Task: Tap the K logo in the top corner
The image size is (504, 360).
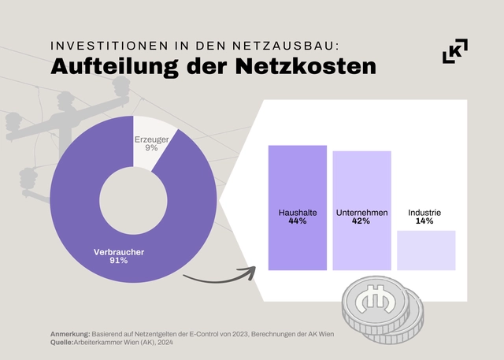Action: (x=455, y=51)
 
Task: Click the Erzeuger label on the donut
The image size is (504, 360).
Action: (x=151, y=139)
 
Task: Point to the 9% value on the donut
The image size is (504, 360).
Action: (x=151, y=149)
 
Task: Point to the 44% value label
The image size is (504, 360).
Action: (x=297, y=222)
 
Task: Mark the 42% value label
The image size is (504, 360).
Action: (x=361, y=222)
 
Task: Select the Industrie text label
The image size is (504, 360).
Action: (x=424, y=213)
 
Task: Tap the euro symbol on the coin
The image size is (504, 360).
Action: (x=372, y=299)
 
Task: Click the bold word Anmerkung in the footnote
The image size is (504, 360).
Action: (x=70, y=334)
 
